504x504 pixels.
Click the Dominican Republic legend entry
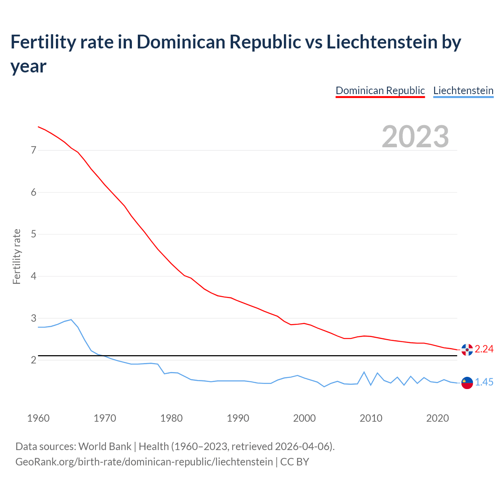tap(380, 91)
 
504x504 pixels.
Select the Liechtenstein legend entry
tap(463, 91)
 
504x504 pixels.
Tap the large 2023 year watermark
tap(415, 137)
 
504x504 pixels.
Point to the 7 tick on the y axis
tap(33, 150)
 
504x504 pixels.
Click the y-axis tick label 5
tap(33, 234)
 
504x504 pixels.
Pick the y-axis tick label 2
tap(33, 360)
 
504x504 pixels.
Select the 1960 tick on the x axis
tap(38, 418)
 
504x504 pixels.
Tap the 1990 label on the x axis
tap(238, 418)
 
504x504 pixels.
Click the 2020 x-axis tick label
tap(437, 418)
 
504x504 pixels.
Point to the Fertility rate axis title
tap(17, 256)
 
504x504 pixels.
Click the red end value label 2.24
tap(484, 349)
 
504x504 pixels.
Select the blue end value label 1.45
tap(484, 382)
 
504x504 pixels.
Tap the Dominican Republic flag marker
tap(467, 349)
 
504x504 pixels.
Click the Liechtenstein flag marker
tap(467, 383)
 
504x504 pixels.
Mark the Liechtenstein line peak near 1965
tap(71, 320)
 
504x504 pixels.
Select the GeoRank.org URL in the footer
tap(144, 461)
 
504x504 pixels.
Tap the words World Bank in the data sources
tap(105, 447)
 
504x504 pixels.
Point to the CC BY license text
tap(295, 461)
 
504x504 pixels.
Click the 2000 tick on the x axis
tap(304, 418)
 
